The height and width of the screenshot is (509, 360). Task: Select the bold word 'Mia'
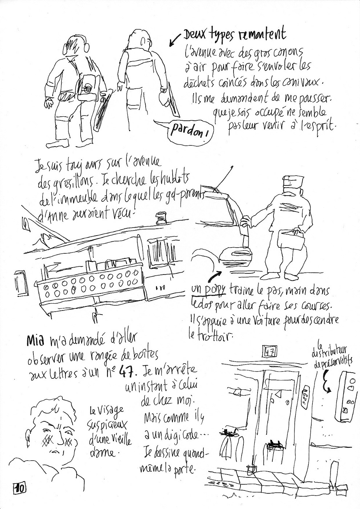(x=36, y=341)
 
